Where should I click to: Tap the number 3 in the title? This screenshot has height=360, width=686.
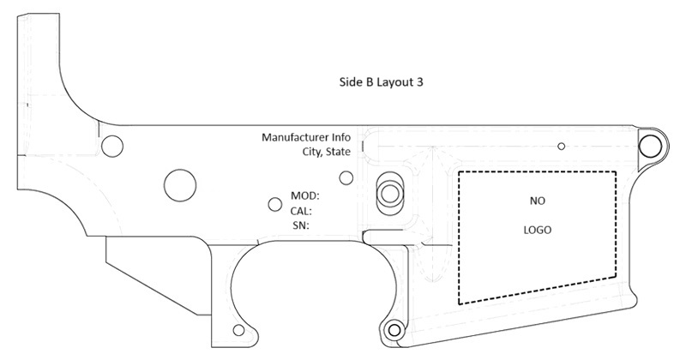point(419,81)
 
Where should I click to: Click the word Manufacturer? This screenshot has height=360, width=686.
point(294,137)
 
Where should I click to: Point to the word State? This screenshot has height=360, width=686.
point(339,152)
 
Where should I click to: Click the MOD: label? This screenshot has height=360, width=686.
point(305,195)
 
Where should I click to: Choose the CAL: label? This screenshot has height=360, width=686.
point(301,211)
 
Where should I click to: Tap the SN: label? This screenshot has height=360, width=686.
point(301,225)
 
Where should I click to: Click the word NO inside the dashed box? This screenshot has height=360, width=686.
point(538,201)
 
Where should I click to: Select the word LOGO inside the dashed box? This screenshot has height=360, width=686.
point(538,230)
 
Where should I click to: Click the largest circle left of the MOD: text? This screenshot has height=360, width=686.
point(180,185)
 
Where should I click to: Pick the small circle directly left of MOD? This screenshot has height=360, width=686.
point(274,204)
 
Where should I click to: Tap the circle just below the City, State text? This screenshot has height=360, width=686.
point(346,178)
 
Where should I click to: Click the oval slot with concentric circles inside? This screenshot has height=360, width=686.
point(389,193)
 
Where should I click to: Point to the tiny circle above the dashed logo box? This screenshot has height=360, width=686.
point(562,146)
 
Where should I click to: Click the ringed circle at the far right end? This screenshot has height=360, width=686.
point(650,146)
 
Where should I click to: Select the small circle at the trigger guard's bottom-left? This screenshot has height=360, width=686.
point(238,330)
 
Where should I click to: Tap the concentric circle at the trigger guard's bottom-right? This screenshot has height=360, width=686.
point(394,330)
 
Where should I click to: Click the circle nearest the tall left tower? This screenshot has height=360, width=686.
point(112,146)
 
